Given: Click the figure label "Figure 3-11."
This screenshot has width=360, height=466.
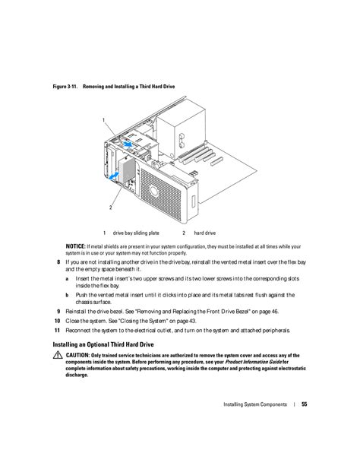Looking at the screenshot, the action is (65, 87).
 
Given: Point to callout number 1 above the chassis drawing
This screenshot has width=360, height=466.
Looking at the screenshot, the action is (103, 120).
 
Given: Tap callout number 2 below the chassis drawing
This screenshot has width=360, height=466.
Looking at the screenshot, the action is (111, 208).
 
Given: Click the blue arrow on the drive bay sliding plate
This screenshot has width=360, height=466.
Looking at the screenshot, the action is (128, 144).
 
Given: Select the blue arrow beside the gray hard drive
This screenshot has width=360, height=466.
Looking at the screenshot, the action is (114, 176).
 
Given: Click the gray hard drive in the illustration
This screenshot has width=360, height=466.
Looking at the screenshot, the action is (127, 170).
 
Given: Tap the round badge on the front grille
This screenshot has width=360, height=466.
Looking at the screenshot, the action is (153, 190).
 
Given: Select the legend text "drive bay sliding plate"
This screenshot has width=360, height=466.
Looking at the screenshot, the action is (136, 233).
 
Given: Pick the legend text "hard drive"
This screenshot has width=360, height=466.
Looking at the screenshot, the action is (204, 233).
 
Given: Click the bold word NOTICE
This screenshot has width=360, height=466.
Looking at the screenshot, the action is (75, 246).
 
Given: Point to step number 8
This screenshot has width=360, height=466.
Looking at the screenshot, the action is (58, 262).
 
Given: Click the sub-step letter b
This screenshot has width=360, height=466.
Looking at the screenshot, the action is (68, 295).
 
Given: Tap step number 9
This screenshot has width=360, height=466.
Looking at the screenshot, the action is (58, 312).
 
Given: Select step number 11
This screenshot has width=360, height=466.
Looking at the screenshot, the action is (57, 330).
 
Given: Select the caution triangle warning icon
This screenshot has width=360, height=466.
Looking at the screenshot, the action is (58, 355).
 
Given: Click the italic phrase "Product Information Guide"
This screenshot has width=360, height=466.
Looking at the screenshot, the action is (253, 362).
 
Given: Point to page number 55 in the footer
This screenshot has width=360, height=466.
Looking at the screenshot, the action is (304, 404).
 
